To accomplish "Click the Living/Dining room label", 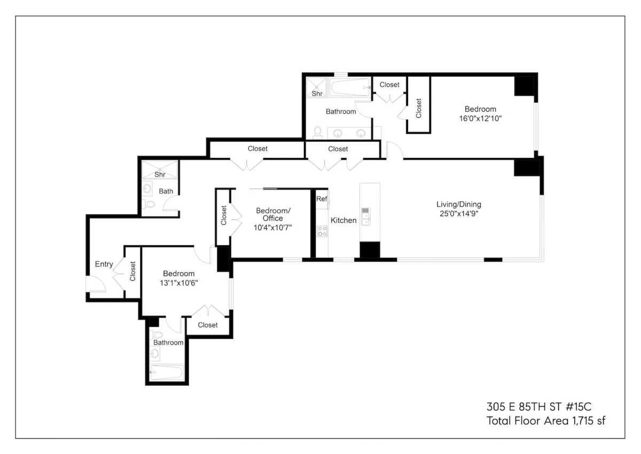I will point(458,204).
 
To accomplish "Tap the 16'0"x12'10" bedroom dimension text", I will point(480,119).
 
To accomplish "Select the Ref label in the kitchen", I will point(322,198).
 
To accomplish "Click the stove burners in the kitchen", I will point(323,231).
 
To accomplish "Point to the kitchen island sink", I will point(366,216).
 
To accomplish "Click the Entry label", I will point(104,264).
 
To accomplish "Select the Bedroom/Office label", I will point(273,214).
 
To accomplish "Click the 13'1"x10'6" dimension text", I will point(179,283).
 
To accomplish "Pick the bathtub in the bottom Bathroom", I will point(167,372).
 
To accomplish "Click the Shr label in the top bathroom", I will point(317,94).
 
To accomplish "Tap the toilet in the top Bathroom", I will point(318,132).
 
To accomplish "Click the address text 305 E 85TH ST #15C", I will point(546,405).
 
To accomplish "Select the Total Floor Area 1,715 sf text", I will point(546,420).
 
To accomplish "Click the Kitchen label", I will point(343,220).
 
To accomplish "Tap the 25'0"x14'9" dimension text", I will point(458,214).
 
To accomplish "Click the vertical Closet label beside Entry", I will point(132,271).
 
